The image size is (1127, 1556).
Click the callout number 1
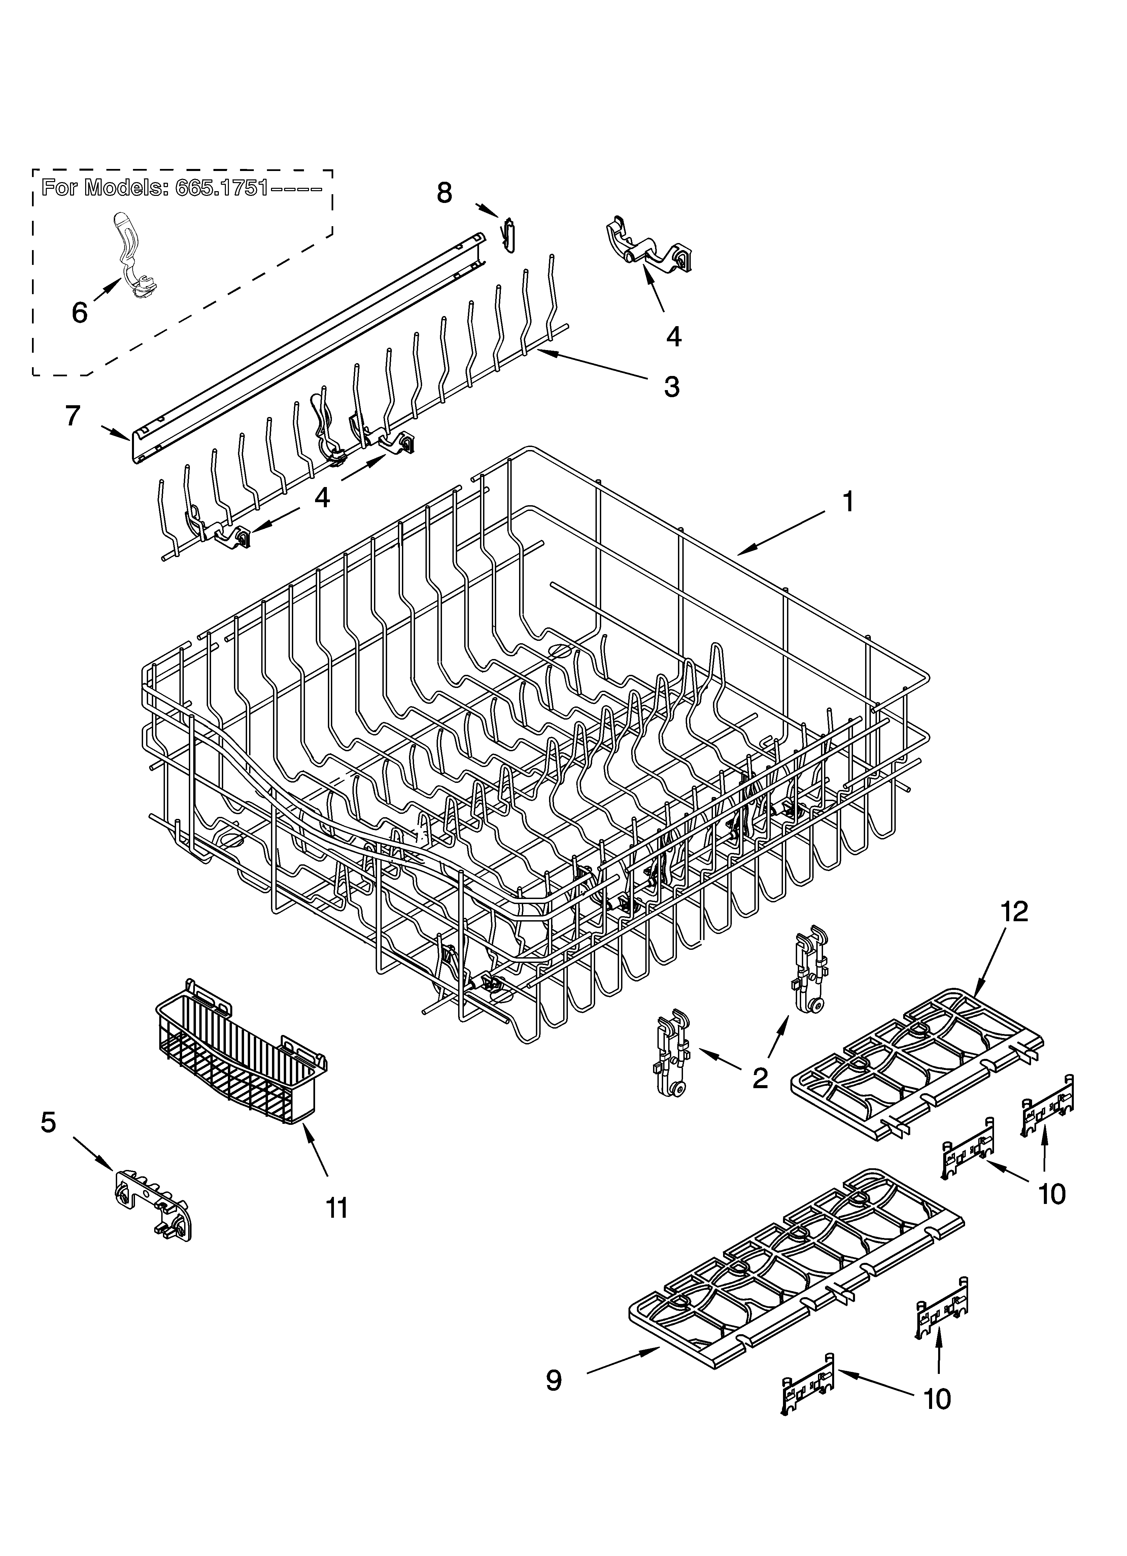tap(848, 502)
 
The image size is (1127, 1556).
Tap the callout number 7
tap(73, 416)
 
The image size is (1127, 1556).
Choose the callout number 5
tap(48, 1123)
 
